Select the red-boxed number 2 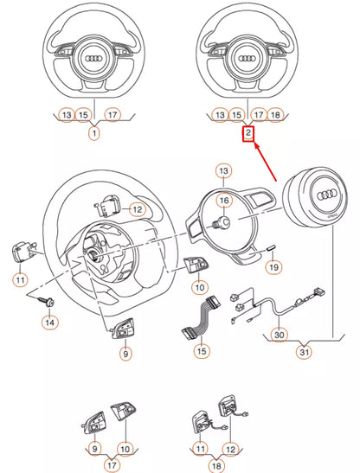pyautogui.click(x=247, y=134)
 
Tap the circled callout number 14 pyautogui.click(x=51, y=322)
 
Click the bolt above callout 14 pyautogui.click(x=48, y=299)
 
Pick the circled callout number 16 pyautogui.click(x=222, y=201)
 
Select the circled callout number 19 pyautogui.click(x=272, y=269)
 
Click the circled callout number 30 pyautogui.click(x=280, y=333)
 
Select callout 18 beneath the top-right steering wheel pyautogui.click(x=275, y=114)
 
